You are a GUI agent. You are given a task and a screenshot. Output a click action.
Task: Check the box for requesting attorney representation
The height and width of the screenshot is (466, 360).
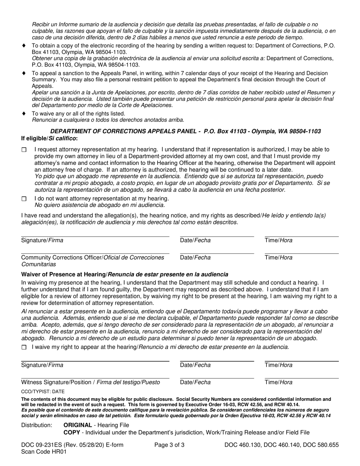point(24,150)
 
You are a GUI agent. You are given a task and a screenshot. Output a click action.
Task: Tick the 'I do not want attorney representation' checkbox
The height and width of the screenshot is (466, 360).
point(24,199)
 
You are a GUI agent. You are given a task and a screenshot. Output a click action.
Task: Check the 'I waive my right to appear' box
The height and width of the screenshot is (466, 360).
point(24,347)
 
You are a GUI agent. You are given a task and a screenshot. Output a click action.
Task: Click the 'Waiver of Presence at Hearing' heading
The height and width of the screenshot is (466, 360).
point(125,274)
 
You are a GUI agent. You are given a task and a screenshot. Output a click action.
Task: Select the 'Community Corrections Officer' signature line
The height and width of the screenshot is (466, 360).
point(95,253)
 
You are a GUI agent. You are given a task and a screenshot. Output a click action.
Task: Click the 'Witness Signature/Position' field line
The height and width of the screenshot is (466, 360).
point(95,378)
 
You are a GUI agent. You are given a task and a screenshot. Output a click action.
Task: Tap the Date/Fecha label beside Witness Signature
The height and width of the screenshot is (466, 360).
point(195,382)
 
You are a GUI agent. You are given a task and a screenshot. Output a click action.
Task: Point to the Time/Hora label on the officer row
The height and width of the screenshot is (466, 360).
point(279,258)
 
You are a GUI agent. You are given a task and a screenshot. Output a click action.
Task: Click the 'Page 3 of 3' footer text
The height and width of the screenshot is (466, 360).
point(170,445)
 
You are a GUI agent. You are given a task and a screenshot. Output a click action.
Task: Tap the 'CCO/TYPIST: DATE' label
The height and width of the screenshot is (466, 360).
point(43,392)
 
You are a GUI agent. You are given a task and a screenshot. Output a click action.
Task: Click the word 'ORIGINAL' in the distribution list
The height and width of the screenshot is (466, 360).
point(77,425)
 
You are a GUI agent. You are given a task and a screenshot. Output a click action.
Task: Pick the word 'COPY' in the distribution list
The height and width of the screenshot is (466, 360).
point(72,432)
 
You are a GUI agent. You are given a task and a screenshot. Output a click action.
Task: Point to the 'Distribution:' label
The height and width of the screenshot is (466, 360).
point(37,425)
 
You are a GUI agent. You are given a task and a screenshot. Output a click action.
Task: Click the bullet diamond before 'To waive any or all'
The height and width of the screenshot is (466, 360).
point(24,113)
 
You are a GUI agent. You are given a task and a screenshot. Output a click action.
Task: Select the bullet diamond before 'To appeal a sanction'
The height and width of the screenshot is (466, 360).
point(24,73)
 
